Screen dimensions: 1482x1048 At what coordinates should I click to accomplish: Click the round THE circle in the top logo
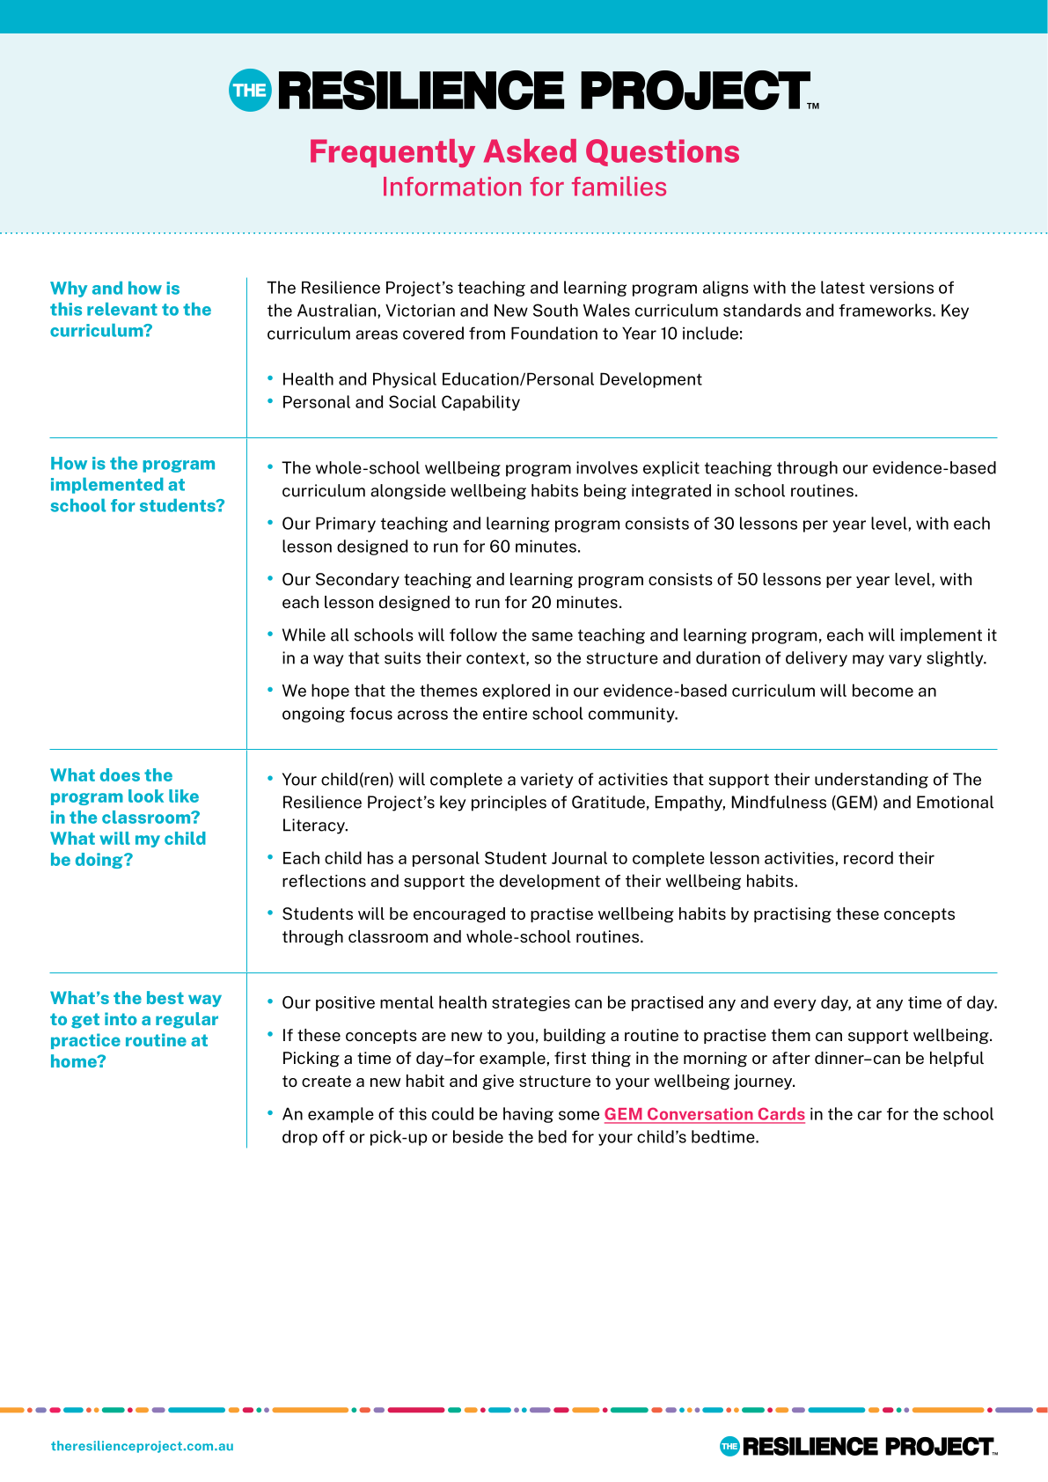(250, 91)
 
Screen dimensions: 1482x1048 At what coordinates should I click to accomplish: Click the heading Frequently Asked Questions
(524, 151)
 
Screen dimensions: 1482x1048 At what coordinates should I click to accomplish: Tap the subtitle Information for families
(524, 187)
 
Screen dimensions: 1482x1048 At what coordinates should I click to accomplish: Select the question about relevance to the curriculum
(130, 310)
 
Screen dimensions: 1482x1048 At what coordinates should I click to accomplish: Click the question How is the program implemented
(137, 485)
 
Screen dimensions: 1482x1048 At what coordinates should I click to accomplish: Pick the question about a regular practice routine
(136, 1030)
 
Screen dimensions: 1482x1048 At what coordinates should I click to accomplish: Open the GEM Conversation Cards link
(704, 1114)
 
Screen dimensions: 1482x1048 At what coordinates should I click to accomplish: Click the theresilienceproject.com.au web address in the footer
(143, 1446)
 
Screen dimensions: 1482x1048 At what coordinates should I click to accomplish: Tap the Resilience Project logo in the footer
(858, 1446)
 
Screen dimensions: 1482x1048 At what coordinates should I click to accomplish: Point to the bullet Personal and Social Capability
(400, 402)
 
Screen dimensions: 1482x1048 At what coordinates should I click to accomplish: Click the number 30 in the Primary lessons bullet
(723, 524)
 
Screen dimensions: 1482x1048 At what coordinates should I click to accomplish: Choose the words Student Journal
(546, 858)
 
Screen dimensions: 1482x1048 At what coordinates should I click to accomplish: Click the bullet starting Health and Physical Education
(491, 379)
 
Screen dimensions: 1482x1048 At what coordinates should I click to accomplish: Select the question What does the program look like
(128, 818)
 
